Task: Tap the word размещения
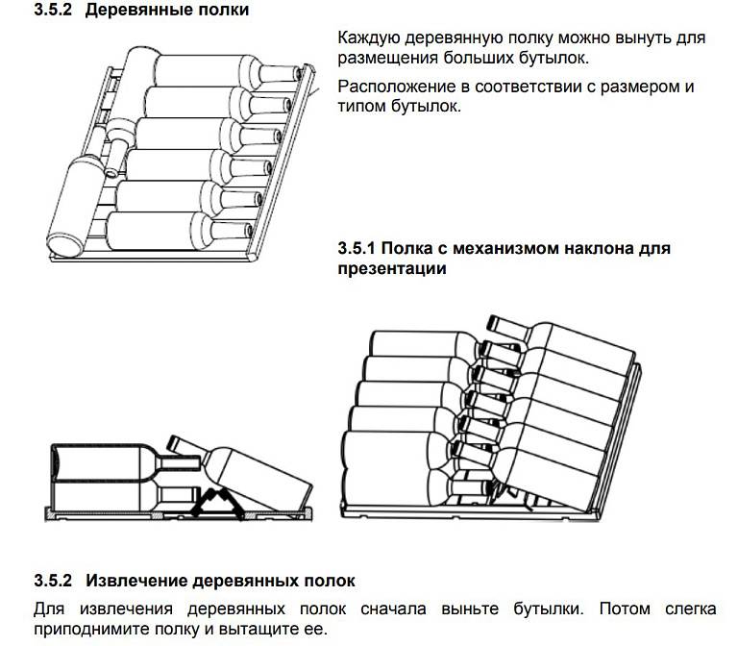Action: click(384, 59)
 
